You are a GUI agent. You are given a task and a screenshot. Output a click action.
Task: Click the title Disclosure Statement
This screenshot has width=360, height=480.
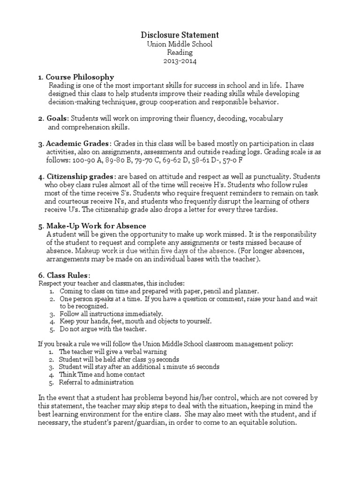(180, 35)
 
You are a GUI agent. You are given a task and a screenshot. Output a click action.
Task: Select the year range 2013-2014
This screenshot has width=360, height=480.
(180, 61)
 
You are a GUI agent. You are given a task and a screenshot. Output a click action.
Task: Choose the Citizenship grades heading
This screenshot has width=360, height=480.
(80, 177)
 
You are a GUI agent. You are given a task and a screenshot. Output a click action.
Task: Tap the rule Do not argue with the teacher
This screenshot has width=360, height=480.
(100, 329)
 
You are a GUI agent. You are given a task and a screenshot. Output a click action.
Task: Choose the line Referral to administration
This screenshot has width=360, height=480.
(97, 382)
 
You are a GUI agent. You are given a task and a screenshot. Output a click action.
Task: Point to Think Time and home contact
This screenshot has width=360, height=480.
(102, 375)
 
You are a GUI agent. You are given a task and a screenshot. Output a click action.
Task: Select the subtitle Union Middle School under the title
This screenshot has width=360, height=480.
(180, 45)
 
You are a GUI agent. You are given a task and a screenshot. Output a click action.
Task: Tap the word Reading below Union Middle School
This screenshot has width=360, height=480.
(180, 53)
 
